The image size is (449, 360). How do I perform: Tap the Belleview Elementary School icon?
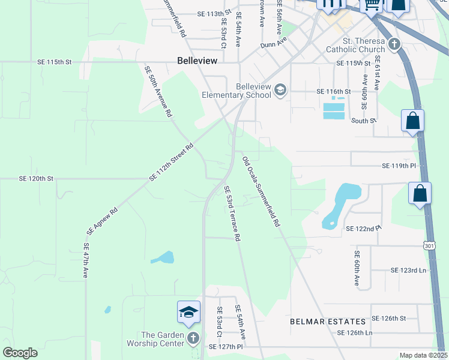(x=280, y=91)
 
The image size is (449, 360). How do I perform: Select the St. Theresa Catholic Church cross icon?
(x=394, y=44)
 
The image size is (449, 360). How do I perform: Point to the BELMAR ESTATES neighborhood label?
(x=328, y=322)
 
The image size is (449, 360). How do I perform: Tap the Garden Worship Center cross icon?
(x=193, y=338)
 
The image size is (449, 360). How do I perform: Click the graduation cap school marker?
(x=188, y=312)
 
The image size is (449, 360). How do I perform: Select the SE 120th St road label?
(x=37, y=179)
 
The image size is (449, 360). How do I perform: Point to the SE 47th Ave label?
(x=86, y=260)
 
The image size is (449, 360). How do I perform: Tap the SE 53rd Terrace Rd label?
(x=232, y=213)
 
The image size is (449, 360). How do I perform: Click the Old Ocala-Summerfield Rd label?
(x=261, y=191)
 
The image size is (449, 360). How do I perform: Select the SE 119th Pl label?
(x=399, y=165)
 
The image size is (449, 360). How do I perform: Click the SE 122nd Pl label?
(x=364, y=229)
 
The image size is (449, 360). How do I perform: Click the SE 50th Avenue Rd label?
(x=158, y=91)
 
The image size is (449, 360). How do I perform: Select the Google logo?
(x=20, y=353)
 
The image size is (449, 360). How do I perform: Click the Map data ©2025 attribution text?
(x=423, y=355)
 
